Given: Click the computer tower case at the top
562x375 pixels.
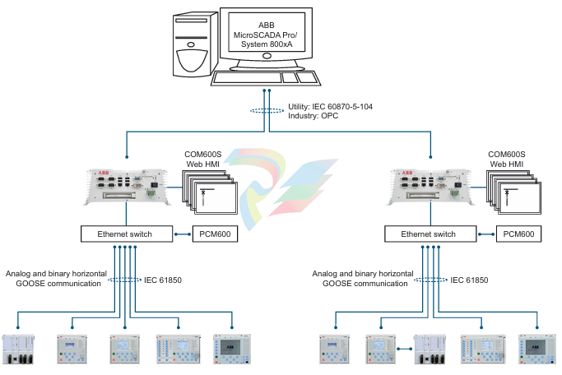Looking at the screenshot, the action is click(x=195, y=44).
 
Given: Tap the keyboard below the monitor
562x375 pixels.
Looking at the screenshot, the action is click(x=266, y=78).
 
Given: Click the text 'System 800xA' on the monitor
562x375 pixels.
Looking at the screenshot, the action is click(x=267, y=44).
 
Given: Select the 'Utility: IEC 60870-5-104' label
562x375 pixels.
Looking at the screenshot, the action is click(x=330, y=106).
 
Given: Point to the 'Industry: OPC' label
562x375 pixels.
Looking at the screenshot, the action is click(x=313, y=116).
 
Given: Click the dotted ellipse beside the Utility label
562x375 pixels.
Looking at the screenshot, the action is click(x=267, y=111).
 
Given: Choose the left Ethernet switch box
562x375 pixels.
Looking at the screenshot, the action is click(x=127, y=234).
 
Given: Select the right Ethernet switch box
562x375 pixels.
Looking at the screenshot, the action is click(x=430, y=234).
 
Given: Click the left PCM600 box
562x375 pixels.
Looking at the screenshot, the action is click(x=215, y=234).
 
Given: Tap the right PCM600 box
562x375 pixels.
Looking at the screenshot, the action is click(x=518, y=234).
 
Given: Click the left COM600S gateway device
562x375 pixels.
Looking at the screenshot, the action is click(x=127, y=187).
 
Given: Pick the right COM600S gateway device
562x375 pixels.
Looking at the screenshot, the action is click(x=430, y=187).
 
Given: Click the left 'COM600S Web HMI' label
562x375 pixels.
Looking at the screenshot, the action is click(x=203, y=159).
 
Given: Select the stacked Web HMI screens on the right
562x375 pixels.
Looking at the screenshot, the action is click(x=513, y=192).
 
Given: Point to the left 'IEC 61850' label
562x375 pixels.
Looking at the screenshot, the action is click(x=163, y=280).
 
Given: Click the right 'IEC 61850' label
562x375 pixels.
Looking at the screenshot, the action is click(x=469, y=280).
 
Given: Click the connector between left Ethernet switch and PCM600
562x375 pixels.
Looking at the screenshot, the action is click(x=183, y=234).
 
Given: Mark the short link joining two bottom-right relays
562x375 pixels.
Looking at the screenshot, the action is click(x=405, y=349).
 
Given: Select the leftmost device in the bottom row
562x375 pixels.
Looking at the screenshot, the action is click(x=18, y=350).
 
